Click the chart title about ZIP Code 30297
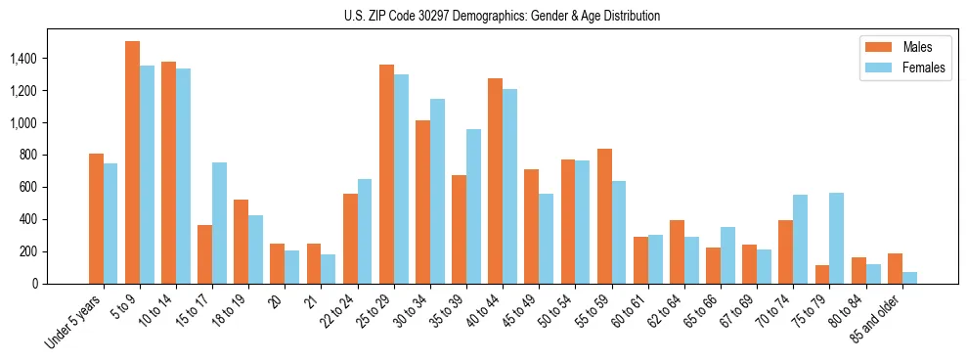coord(502,16)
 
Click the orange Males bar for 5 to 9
coord(132,162)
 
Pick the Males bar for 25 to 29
coord(386,174)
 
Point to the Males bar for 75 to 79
coord(822,274)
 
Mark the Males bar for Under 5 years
coord(96,218)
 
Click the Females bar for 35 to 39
coord(474,206)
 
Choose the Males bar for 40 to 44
coord(496,181)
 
